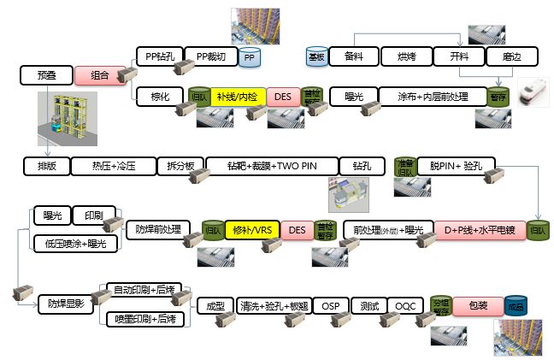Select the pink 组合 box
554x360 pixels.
click(99, 75)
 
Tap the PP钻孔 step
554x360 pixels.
click(160, 56)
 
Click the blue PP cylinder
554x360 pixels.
click(250, 57)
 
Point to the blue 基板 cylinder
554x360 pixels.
click(316, 56)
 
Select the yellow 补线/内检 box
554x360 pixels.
click(238, 97)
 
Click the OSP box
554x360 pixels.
click(332, 304)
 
